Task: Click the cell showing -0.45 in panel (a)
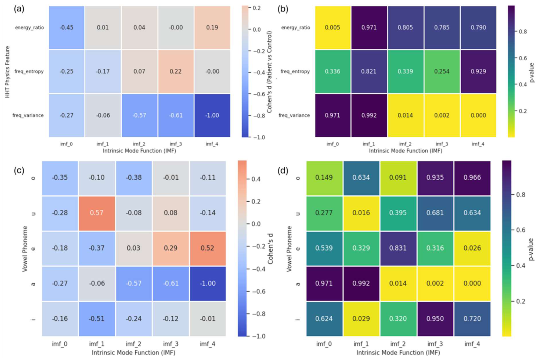[x=67, y=27]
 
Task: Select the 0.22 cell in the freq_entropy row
[x=176, y=71]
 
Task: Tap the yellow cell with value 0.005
[x=333, y=27]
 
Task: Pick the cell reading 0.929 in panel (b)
[x=479, y=71]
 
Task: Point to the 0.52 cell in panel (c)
[x=208, y=248]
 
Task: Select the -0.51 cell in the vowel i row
[x=97, y=319]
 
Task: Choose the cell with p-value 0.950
[x=435, y=319]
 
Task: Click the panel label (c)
[x=19, y=170]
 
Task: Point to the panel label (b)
[x=283, y=9]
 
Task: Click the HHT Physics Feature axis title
[x=7, y=72]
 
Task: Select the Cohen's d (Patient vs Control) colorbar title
[x=269, y=72]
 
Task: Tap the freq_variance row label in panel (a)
[x=28, y=115]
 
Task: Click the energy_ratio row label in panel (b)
[x=295, y=27]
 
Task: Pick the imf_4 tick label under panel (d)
[x=472, y=344]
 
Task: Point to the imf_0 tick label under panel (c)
[x=60, y=344]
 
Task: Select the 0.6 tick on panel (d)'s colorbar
[x=521, y=230]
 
